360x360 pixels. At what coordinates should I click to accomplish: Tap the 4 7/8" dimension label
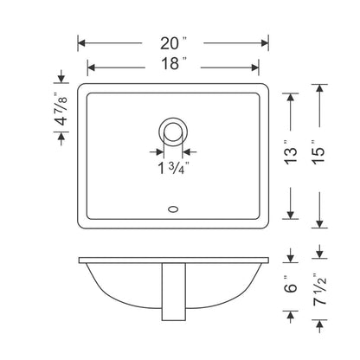coord(61,111)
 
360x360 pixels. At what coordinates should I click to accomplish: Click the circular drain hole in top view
coord(173,132)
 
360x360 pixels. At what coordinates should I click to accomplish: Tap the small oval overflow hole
coord(173,209)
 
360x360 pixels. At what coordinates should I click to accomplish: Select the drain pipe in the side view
coord(173,289)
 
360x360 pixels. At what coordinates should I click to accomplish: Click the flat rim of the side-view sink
coord(173,260)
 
